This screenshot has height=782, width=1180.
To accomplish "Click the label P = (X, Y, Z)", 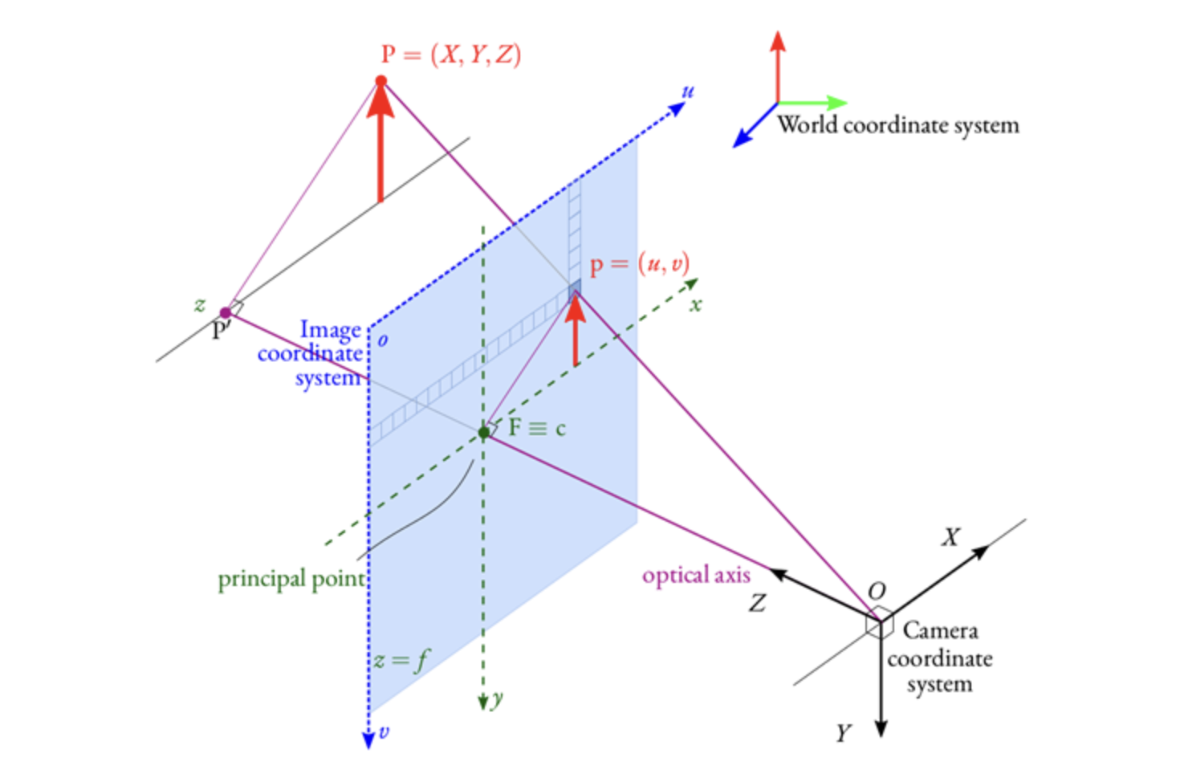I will point(450,55).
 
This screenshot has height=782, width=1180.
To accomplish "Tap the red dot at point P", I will point(380,80).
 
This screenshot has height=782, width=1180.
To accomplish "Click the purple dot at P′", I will point(226,312).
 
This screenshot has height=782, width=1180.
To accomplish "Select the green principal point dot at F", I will point(483,433).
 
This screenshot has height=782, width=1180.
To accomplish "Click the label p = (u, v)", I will point(639,264).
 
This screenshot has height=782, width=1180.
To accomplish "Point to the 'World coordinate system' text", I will point(897,125).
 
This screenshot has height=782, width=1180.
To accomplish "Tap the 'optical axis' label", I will point(696,575).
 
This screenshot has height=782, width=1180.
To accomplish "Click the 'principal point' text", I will point(291,579).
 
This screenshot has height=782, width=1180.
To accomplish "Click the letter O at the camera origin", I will point(877,591).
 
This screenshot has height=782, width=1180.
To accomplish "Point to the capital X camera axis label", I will point(951,537).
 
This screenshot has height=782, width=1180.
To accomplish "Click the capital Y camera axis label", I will point(843,733).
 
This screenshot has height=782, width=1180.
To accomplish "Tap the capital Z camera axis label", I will point(757,602).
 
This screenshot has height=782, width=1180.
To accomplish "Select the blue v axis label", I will point(384,731).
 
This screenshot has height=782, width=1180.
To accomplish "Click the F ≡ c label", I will point(536,428).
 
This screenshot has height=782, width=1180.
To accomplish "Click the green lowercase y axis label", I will point(498,699).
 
